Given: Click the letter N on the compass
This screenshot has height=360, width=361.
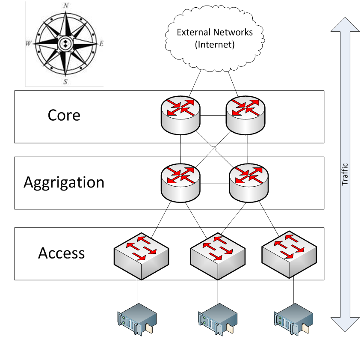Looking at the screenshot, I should pos(66,6).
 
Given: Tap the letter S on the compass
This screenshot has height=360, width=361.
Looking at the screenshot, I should pos(65,82).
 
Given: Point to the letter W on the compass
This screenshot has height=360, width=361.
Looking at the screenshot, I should pos(28,44).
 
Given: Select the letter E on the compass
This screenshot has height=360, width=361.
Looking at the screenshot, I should pos(102,44).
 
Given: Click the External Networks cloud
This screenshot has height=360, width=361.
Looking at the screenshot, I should pos(215,38).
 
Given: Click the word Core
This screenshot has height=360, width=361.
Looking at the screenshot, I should pos(64,116).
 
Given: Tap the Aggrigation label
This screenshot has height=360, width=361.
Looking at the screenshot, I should pos(64,182).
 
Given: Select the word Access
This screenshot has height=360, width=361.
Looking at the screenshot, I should pos(62,253).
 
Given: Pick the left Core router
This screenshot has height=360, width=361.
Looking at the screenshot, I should pos(181,113).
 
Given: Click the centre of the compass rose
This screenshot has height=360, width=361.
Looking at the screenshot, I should pos(65,44).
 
